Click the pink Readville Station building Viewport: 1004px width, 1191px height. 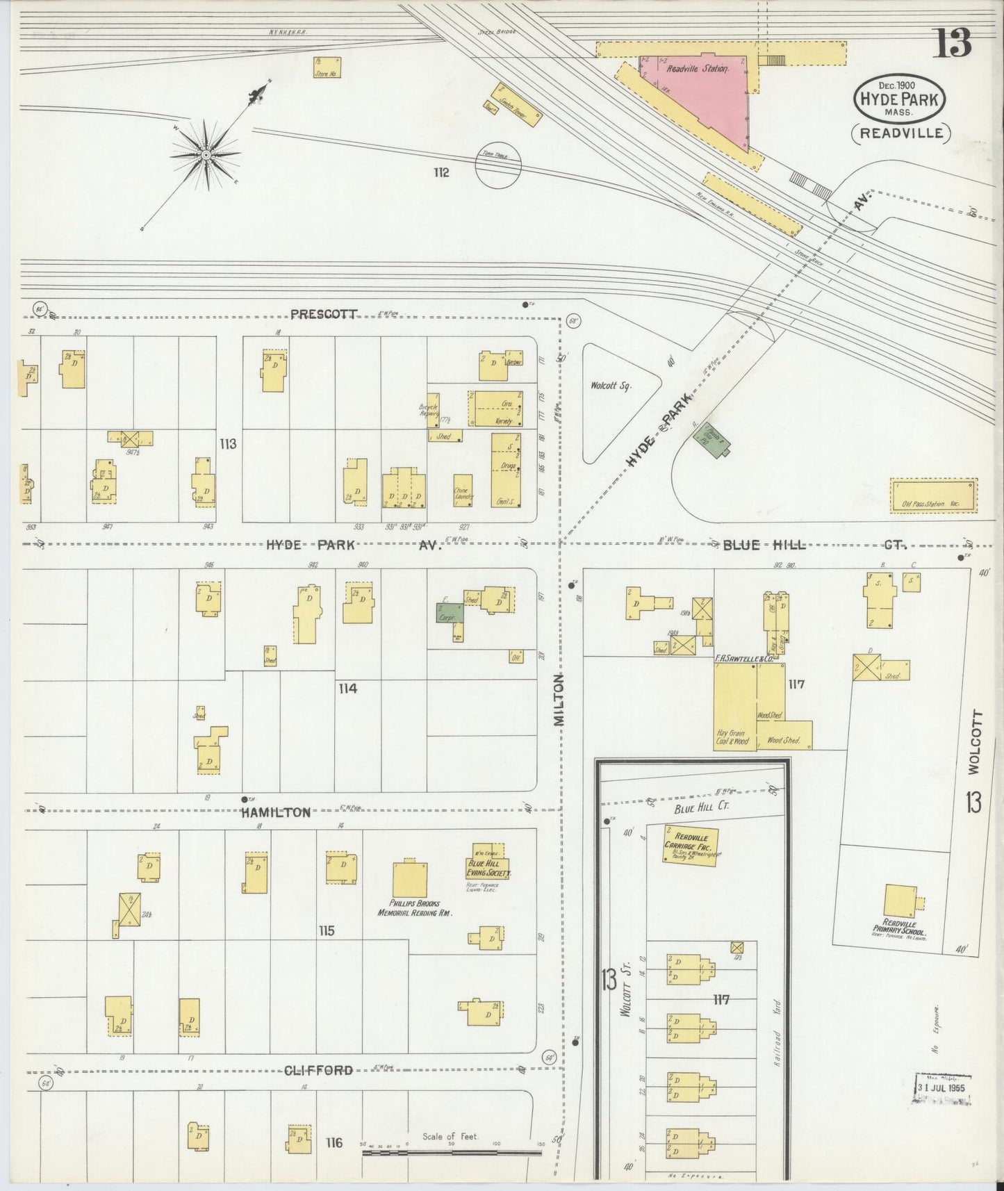point(702,97)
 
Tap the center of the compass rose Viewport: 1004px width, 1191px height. point(206,154)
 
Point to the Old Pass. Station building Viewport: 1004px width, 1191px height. point(934,495)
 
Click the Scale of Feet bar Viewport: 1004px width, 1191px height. point(452,1152)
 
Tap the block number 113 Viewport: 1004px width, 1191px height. point(228,443)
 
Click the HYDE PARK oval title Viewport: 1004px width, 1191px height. point(900,99)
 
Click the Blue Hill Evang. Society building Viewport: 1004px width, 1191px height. point(489,861)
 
